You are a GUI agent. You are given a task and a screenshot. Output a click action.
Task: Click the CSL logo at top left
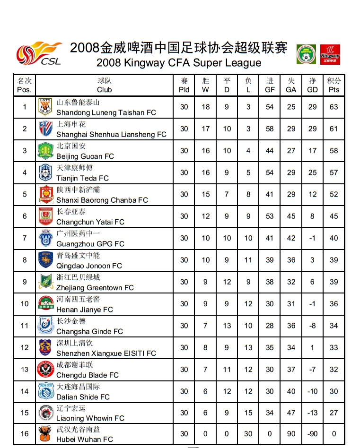pos(39,54)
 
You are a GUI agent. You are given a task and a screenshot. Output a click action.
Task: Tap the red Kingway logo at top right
pos(330,54)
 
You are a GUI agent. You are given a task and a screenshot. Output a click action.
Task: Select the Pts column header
pos(334,85)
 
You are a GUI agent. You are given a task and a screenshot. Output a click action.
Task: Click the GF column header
pos(270,85)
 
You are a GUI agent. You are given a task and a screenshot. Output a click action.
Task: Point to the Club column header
pos(105,85)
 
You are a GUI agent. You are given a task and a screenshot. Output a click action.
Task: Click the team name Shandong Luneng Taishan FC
pos(106,112)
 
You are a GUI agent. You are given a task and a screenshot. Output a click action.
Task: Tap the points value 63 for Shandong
pos(334,107)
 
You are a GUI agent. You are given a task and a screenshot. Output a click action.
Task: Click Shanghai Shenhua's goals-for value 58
pos(270,129)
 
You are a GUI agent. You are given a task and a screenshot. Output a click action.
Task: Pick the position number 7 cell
pos(25,238)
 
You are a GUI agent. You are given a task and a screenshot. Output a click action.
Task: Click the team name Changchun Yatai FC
pos(90,222)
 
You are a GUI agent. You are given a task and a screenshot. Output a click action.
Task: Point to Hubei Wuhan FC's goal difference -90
pos(312,433)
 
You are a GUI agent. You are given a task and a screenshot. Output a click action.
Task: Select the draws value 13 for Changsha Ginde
pos(227,325)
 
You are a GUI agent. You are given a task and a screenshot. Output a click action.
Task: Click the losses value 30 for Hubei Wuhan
pos(248,433)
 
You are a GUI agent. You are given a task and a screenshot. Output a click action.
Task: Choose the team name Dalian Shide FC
pos(83,396)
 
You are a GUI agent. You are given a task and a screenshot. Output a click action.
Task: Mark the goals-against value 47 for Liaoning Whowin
pos(291,413)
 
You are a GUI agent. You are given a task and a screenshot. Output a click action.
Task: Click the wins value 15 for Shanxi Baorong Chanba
pos(205,194)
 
